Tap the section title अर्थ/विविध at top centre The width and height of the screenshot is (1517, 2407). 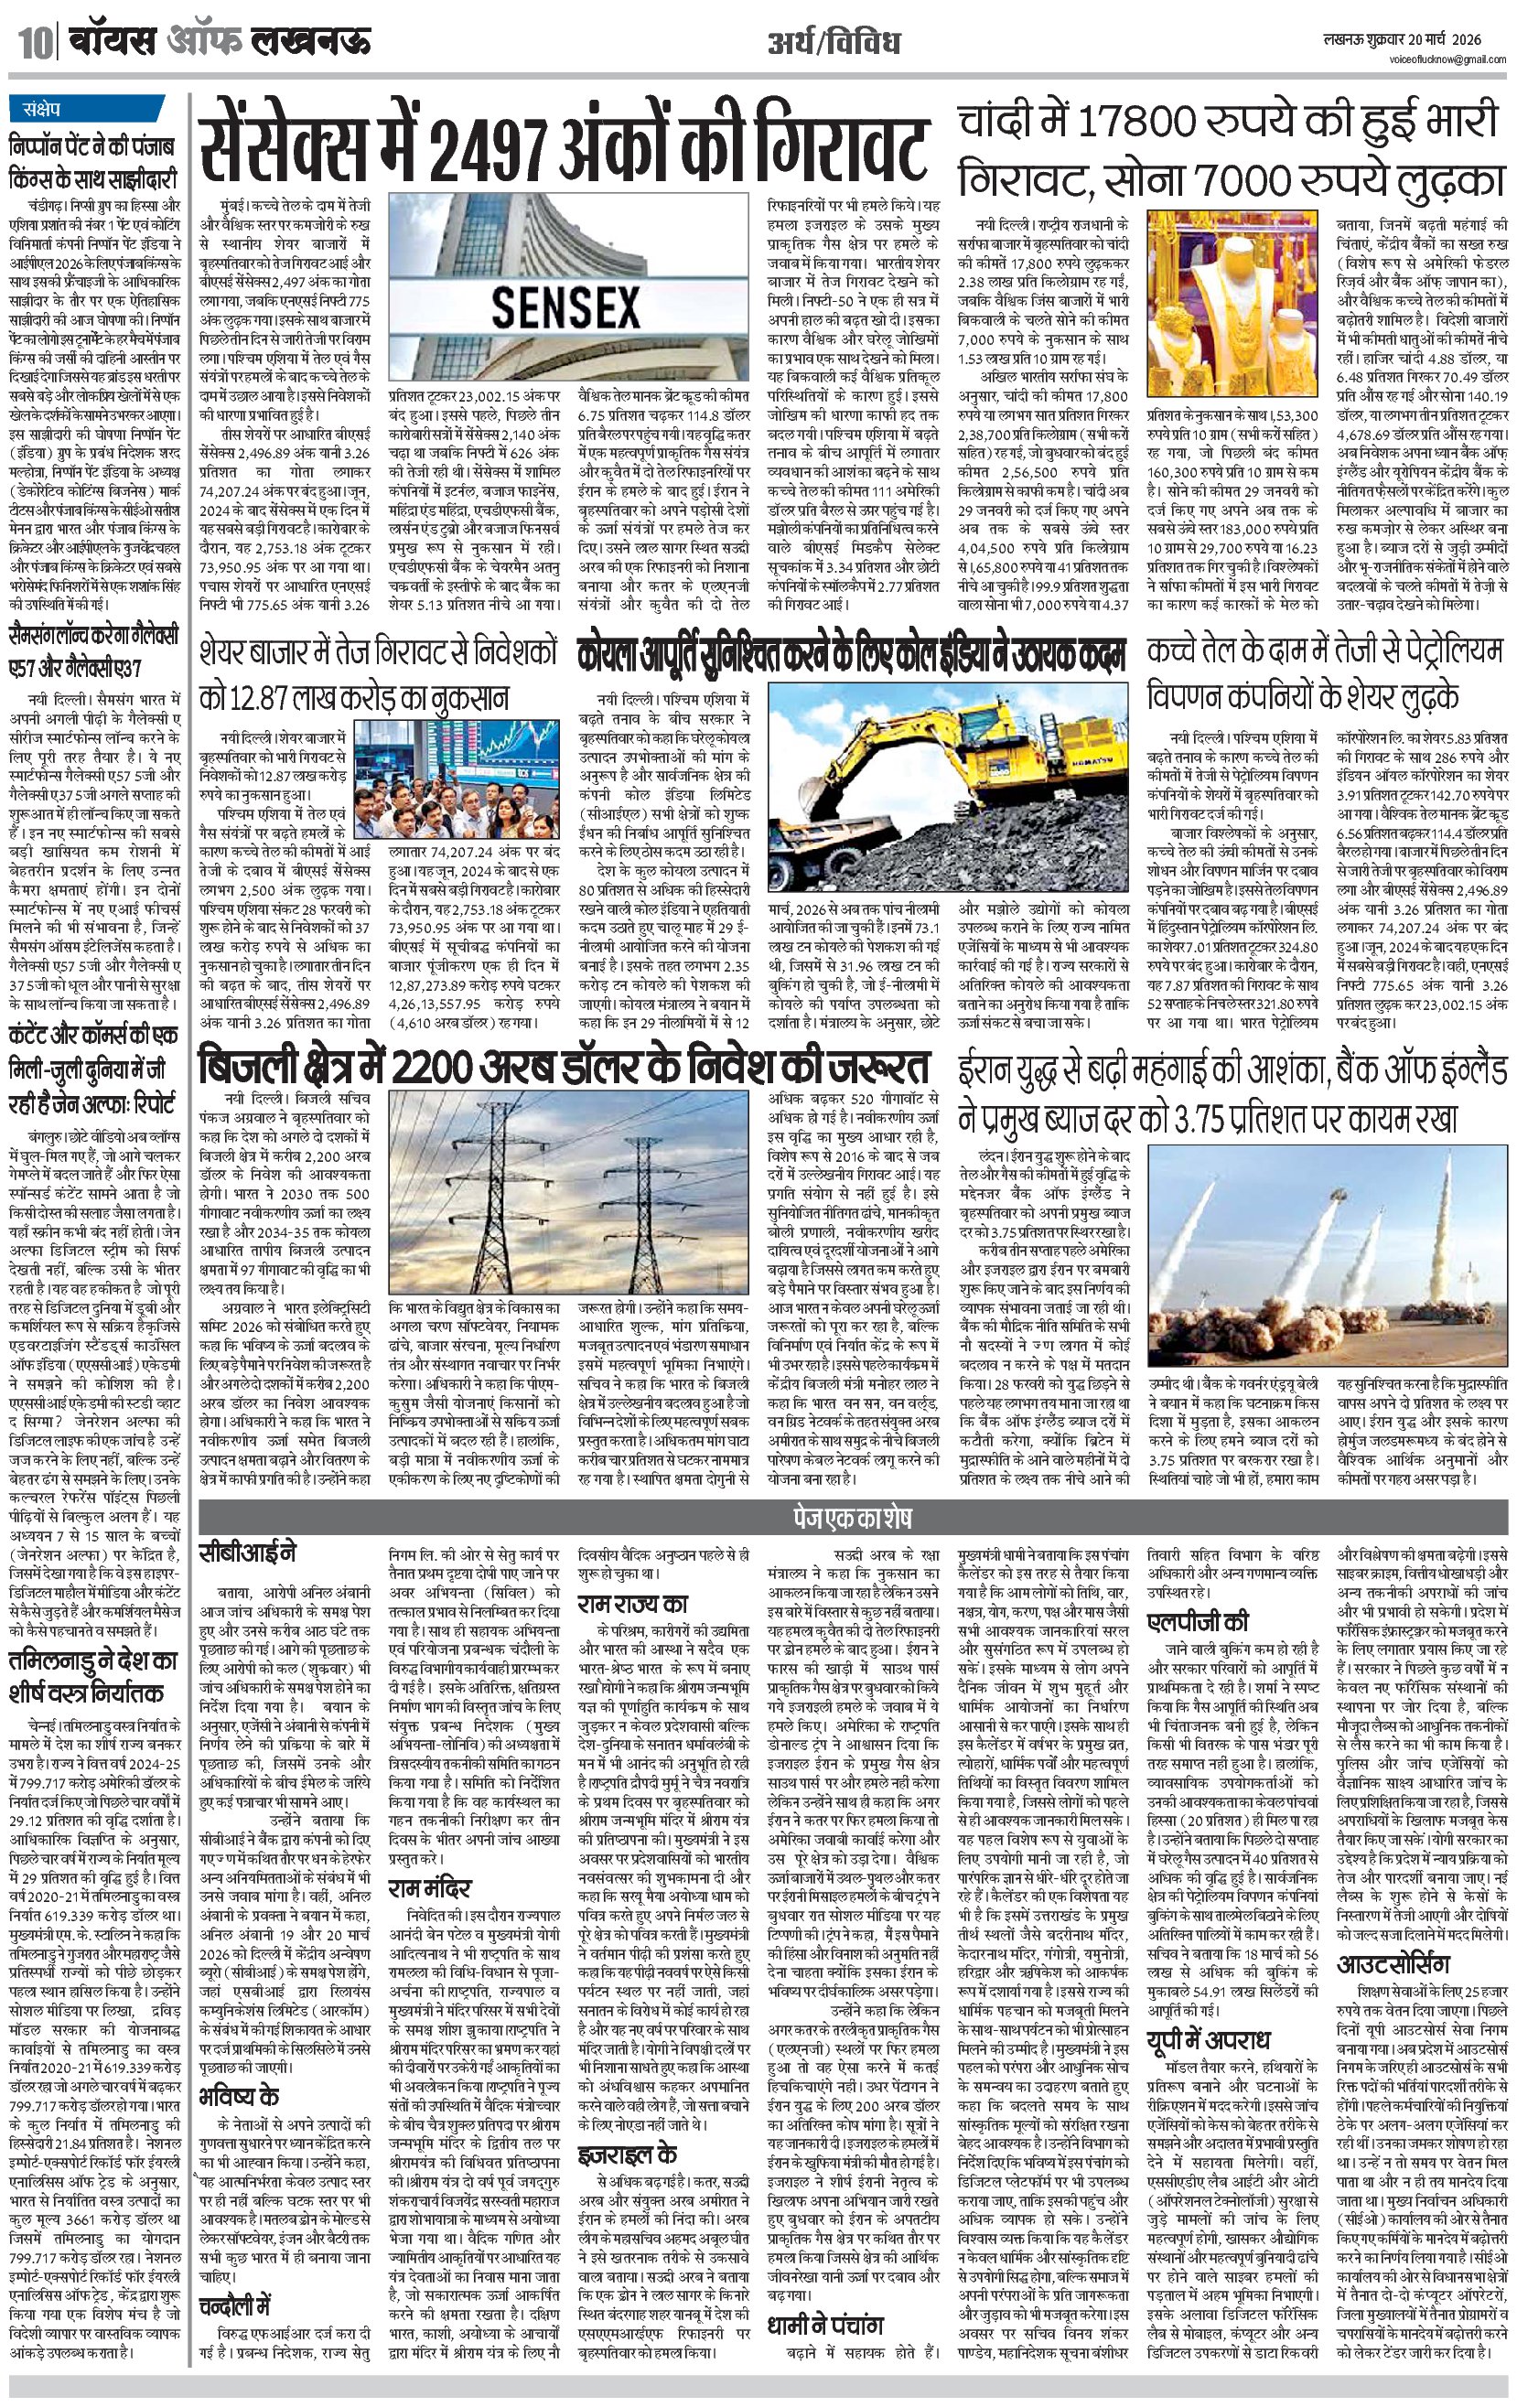click(834, 43)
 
